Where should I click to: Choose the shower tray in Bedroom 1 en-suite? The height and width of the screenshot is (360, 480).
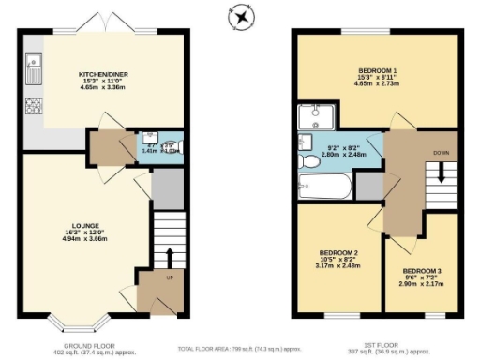pos(314,118)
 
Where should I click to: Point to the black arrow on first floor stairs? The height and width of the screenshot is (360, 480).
pos(437,174)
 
